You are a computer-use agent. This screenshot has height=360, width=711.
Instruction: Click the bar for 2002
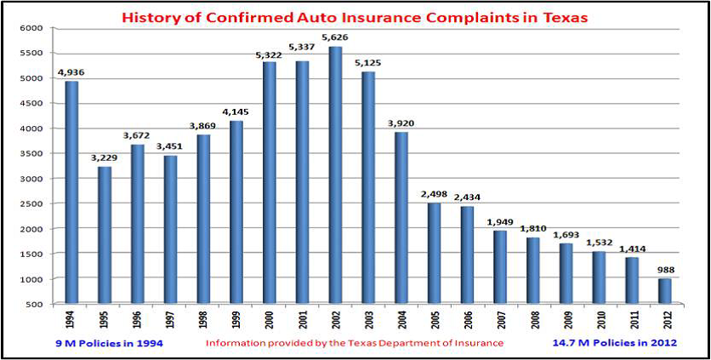tap(335, 175)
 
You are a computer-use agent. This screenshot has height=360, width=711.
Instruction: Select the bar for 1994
tap(71, 192)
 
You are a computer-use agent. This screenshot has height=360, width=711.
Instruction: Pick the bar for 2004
tap(401, 218)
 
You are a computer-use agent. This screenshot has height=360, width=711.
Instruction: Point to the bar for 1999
tap(236, 213)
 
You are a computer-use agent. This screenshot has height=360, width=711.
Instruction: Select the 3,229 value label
tap(105, 158)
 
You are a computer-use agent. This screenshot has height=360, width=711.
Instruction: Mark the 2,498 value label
tap(435, 195)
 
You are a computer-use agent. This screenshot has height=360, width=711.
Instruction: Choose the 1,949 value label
tap(501, 222)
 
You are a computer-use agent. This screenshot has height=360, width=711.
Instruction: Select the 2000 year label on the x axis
tap(269, 320)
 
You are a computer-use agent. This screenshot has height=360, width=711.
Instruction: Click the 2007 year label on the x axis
tap(500, 320)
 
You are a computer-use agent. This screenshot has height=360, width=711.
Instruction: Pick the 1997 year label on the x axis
tap(170, 320)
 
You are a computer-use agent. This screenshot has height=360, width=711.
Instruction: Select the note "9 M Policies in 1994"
tap(95, 343)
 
